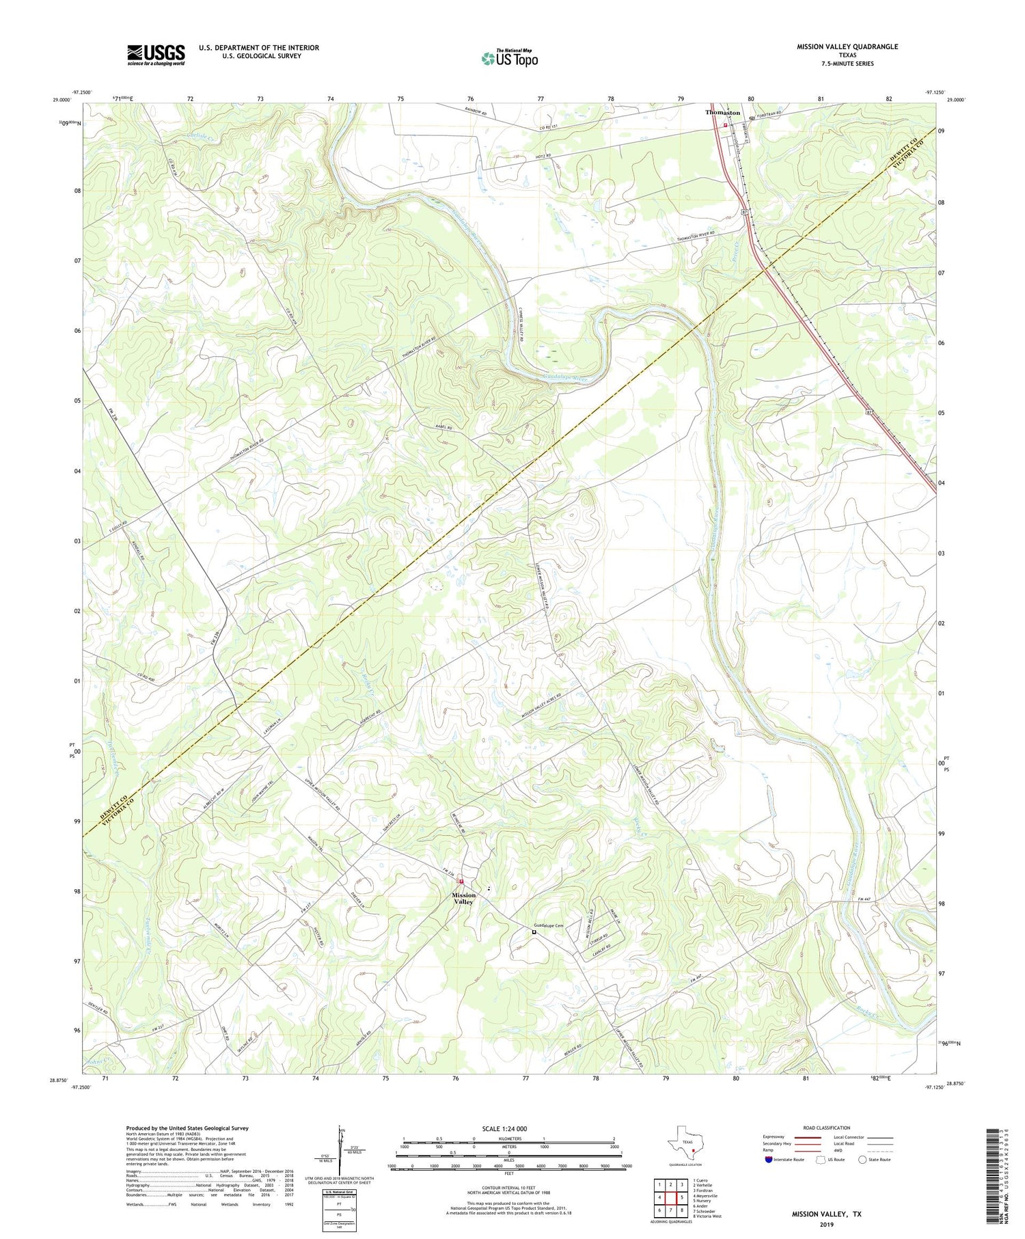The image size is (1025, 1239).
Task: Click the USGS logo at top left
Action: pos(156,55)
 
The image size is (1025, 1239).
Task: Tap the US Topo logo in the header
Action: pos(509,58)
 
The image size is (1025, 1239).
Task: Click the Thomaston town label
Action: pos(722,113)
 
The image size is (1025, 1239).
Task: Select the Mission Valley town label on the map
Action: pos(464,899)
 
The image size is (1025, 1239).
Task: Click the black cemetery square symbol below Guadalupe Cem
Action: pos(534,931)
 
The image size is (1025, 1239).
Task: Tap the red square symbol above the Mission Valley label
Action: pos(461,882)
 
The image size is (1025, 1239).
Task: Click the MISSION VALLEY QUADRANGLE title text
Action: pos(847,46)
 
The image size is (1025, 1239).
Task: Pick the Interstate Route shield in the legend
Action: pos(769,1159)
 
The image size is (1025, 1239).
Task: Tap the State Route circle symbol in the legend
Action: pos(863,1159)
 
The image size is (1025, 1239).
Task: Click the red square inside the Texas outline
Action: pos(693,1150)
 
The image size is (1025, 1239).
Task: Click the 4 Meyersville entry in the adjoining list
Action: pos(705,1196)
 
